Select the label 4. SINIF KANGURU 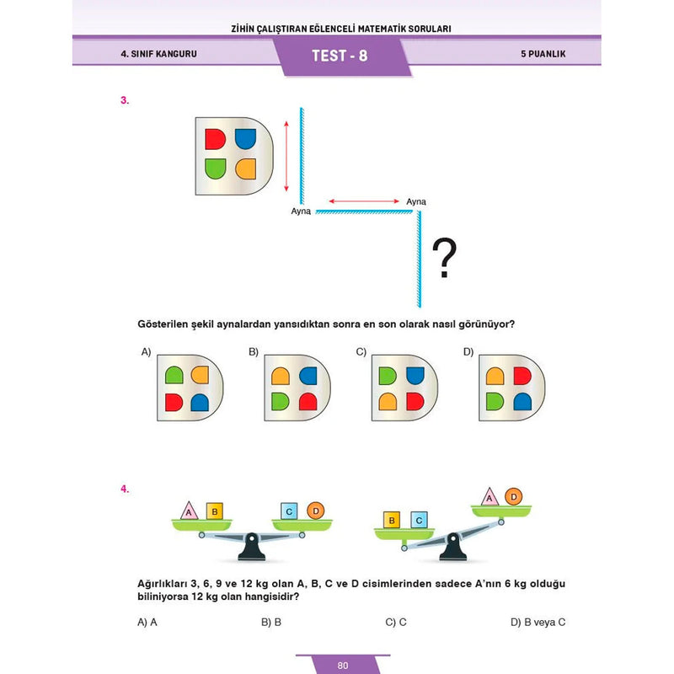point(152,55)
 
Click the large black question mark point(444,259)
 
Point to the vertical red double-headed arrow point(286,156)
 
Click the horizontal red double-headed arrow point(364,201)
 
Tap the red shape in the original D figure point(216,139)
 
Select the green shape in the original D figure point(216,168)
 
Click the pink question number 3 point(125,100)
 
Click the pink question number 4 point(125,488)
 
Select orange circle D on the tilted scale point(513,497)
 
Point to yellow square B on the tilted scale point(392,521)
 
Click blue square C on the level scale point(289,511)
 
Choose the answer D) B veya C point(538,623)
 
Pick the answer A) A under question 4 point(147,623)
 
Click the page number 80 point(342,666)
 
